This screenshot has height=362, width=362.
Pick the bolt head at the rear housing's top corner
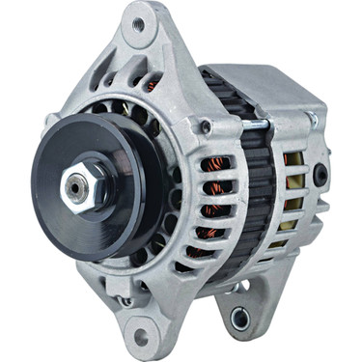coord(311,119)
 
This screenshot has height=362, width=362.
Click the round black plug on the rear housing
coord(320,176)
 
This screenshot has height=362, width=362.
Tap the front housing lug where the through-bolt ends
coord(207,126)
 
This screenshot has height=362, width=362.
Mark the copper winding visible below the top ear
coord(151,85)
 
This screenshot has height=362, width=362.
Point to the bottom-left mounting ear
coord(140,323)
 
